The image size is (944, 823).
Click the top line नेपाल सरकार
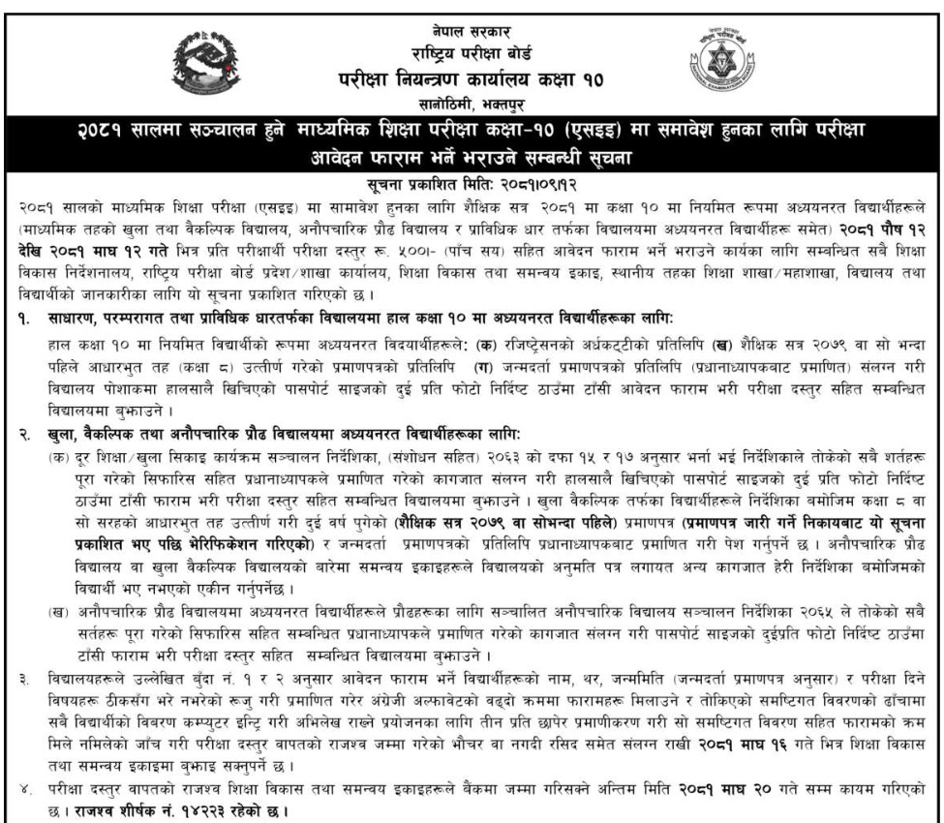coord(472,12)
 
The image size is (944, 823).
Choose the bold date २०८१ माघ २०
coord(734,793)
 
